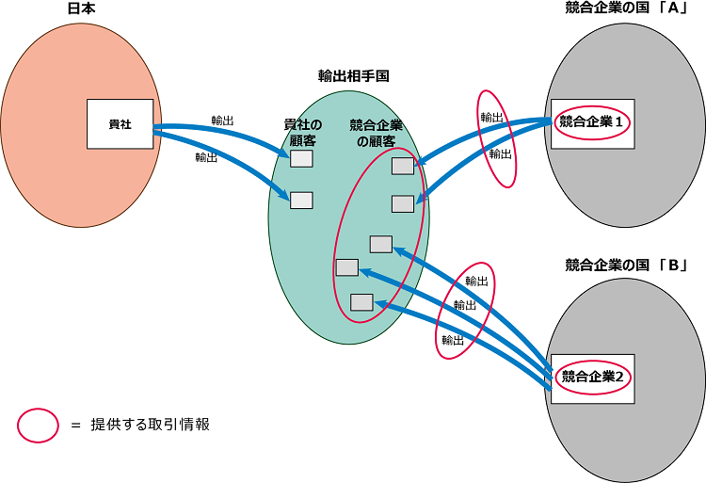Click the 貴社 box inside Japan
coord(120,123)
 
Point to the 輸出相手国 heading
coord(354,76)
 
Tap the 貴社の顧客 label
coord(302,132)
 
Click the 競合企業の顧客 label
coord(376,133)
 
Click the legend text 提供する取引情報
coord(150,425)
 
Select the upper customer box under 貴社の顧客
coord(301,159)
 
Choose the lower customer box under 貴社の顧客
coord(301,200)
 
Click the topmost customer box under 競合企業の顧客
coord(402,167)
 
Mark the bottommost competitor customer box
coord(361,302)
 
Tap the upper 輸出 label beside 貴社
coord(223,121)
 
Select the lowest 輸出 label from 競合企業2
coord(452,340)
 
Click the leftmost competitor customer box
coord(346,267)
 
